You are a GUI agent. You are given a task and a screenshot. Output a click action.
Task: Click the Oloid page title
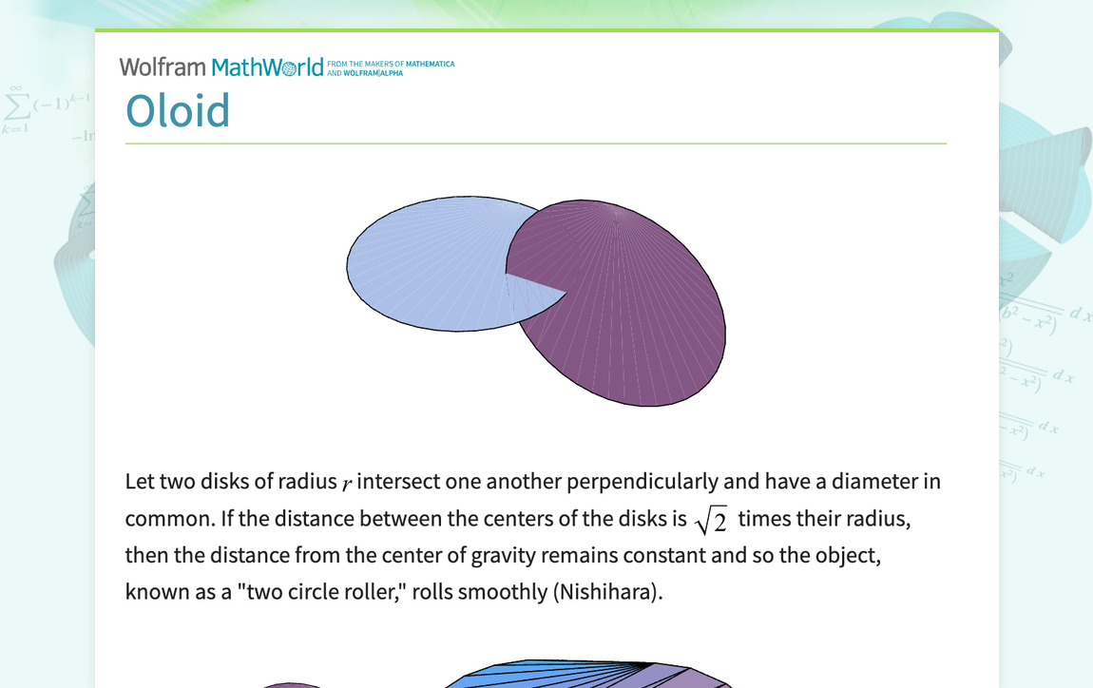[178, 111]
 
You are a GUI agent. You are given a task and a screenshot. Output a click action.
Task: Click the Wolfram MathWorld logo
[221, 67]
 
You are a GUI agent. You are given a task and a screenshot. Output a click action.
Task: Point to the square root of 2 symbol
[712, 521]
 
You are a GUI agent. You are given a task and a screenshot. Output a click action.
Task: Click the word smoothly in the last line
[501, 592]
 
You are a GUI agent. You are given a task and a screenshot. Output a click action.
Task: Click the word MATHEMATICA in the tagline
[430, 64]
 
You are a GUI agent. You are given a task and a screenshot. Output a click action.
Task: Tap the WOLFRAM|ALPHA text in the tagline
[374, 73]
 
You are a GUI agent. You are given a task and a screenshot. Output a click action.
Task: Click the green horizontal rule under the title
[535, 143]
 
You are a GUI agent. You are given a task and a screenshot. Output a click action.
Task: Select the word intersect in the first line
[397, 482]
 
